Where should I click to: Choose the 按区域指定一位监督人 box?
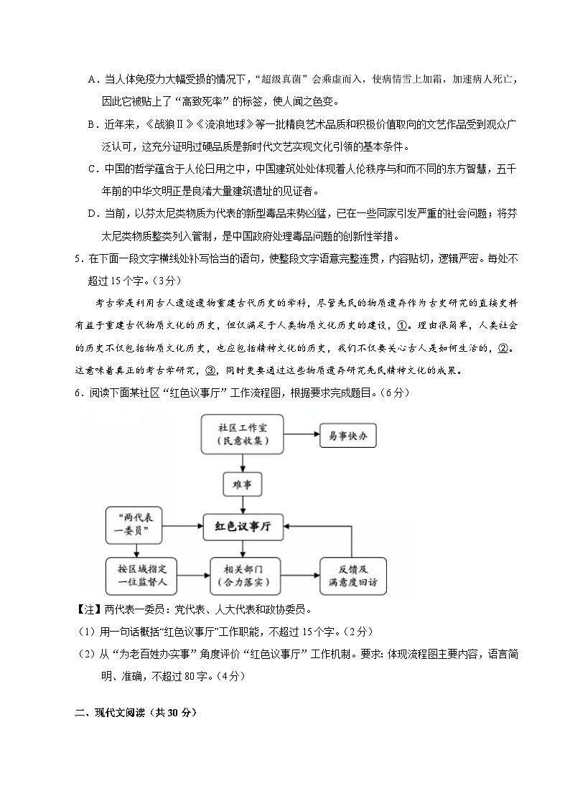click(x=137, y=575)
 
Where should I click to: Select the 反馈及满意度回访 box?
click(x=354, y=575)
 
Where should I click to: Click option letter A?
click(x=92, y=78)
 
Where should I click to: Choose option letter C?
click(x=92, y=169)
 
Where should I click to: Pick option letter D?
click(x=92, y=214)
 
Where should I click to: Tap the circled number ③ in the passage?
click(x=210, y=370)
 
